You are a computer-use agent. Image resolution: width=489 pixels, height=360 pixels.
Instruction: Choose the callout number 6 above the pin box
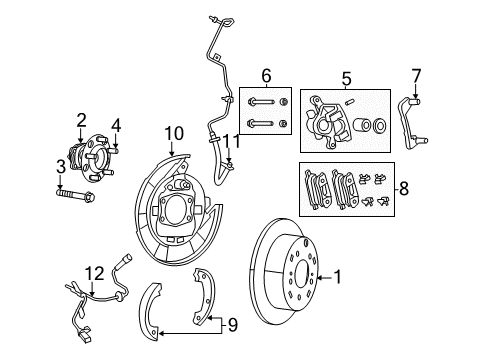pos(265,76)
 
